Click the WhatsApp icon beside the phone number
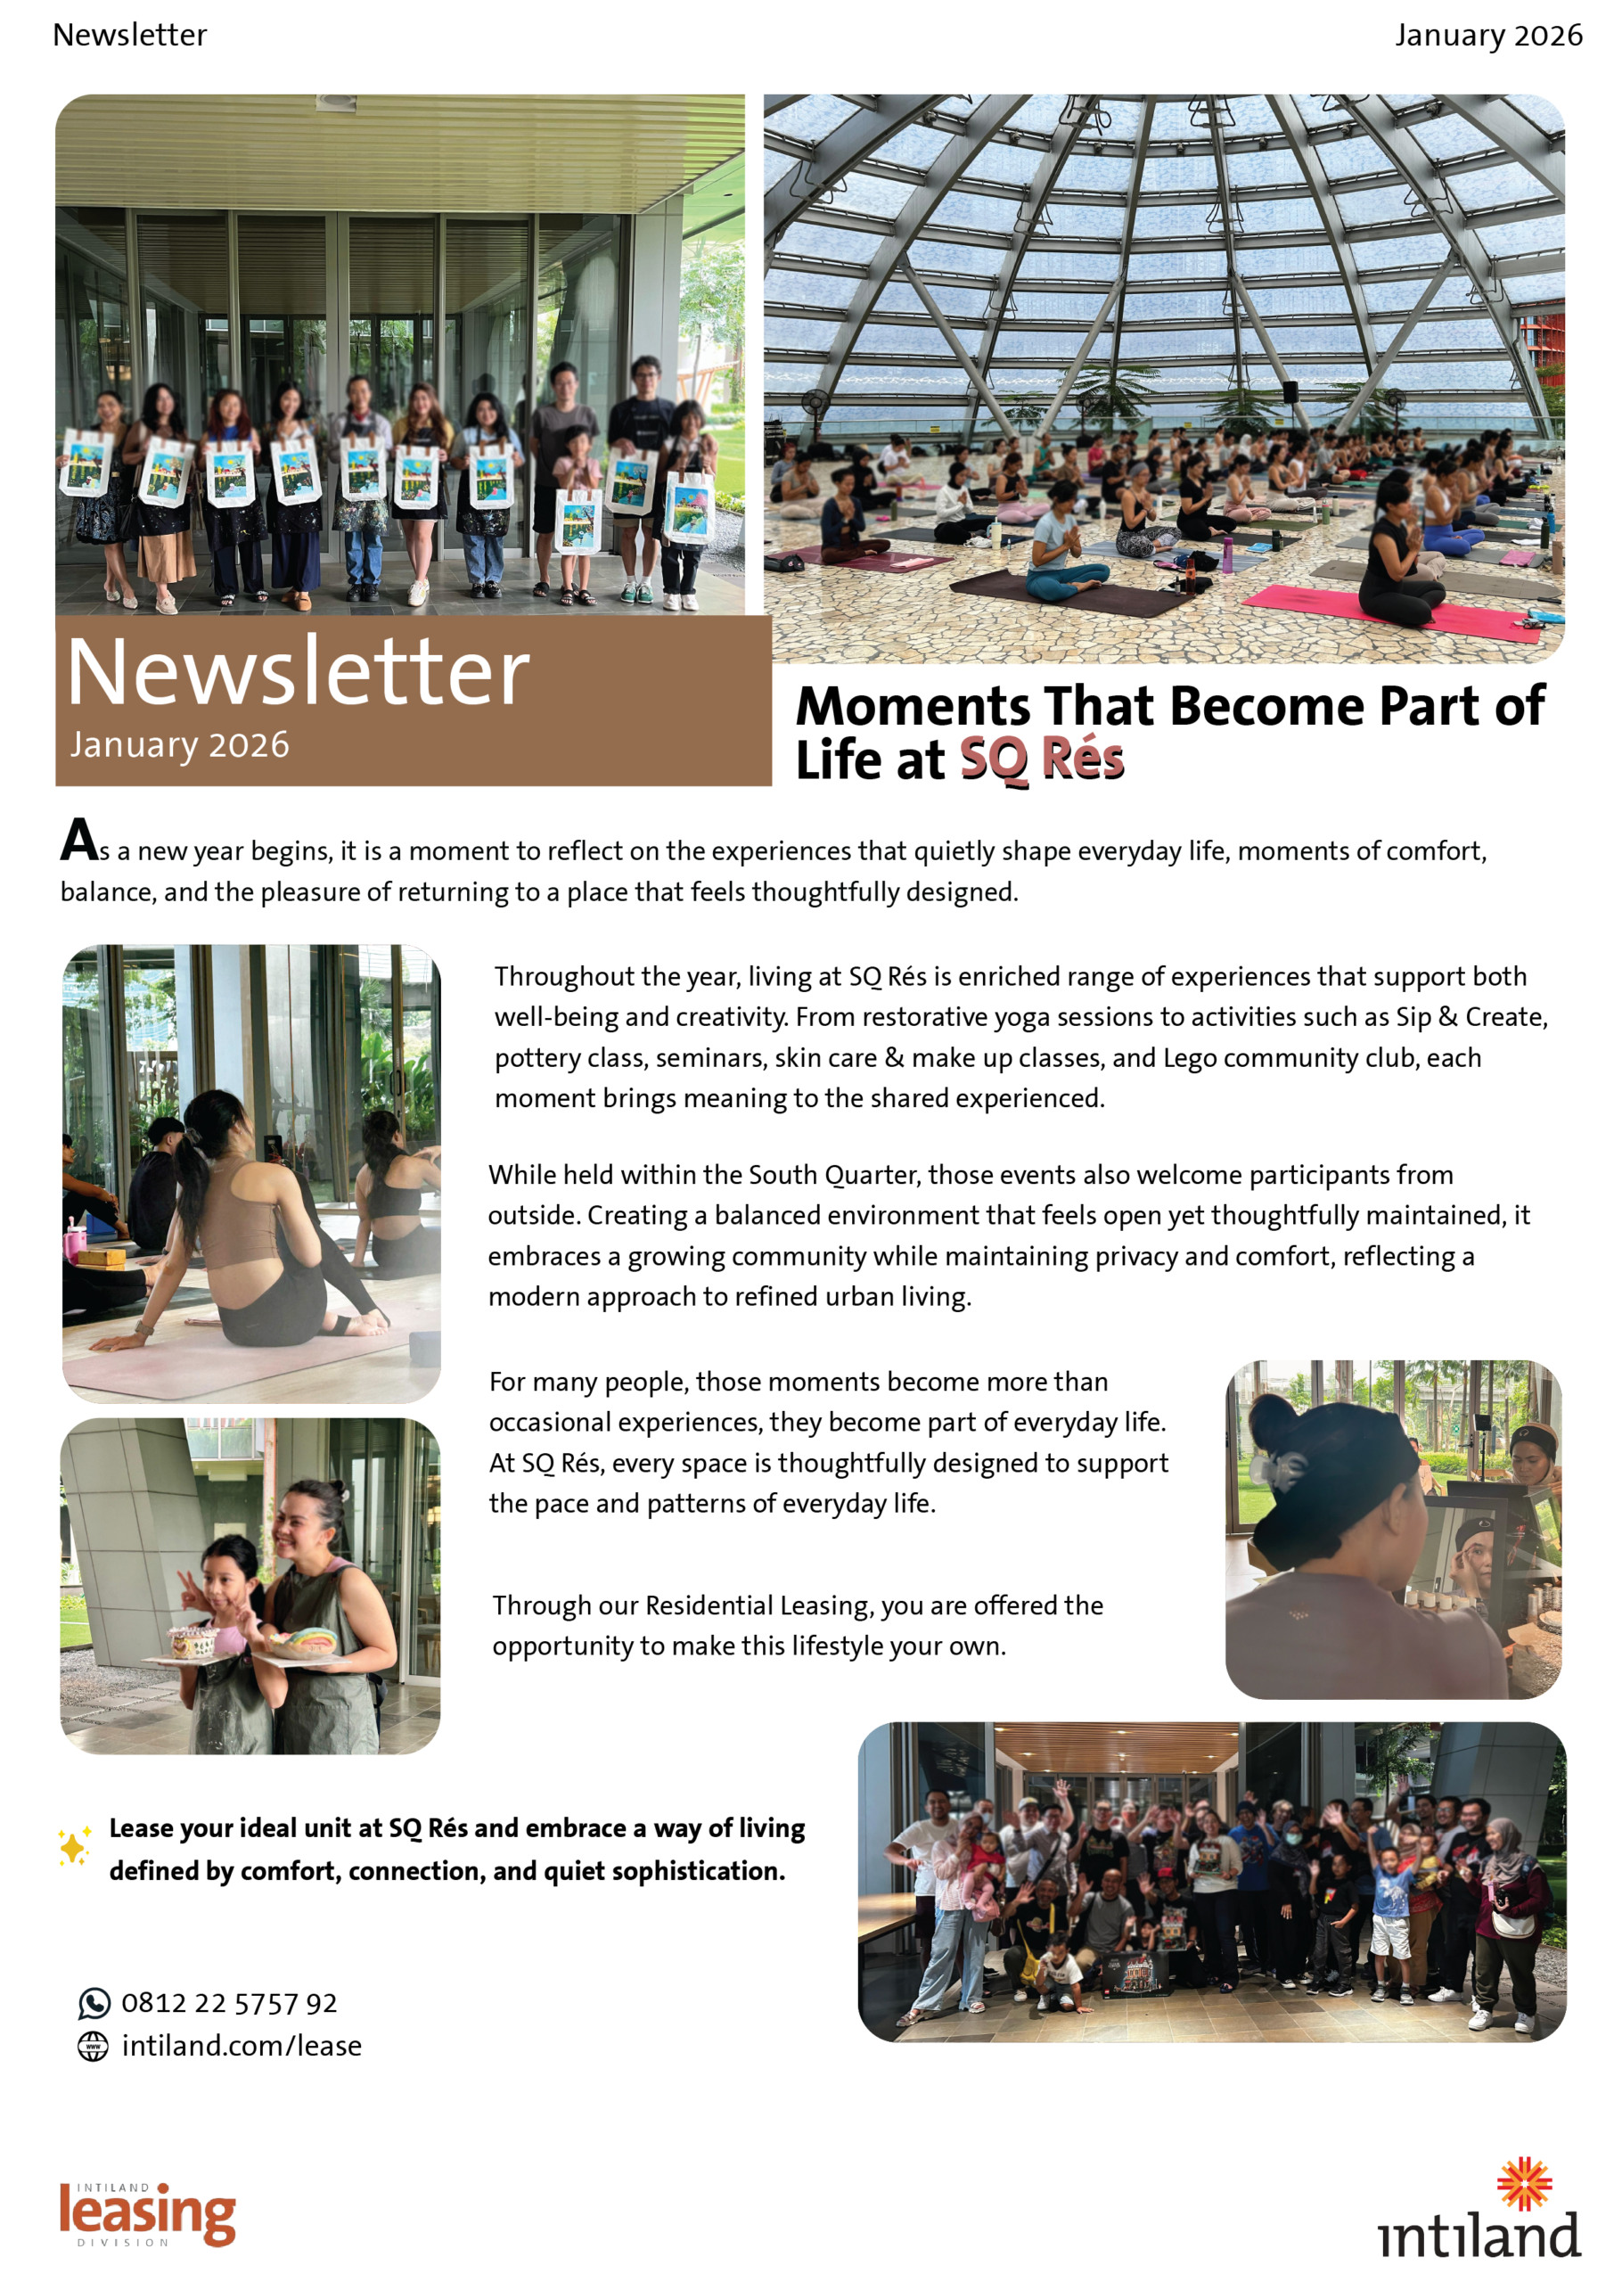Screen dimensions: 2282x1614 tap(94, 2004)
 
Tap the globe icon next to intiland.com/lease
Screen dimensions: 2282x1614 tap(94, 2047)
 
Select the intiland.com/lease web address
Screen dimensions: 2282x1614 tap(242, 2047)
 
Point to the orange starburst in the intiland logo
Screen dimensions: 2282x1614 tap(1524, 2184)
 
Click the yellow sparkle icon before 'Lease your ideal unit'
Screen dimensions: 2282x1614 tap(74, 1848)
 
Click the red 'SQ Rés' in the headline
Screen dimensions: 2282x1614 tap(1041, 759)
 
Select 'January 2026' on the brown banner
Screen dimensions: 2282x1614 tap(179, 744)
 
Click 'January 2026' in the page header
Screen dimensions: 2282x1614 tap(1487, 35)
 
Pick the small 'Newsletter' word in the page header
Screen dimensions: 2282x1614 tap(130, 35)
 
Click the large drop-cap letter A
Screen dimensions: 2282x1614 tap(78, 840)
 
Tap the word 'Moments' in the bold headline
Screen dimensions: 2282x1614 tap(913, 707)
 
